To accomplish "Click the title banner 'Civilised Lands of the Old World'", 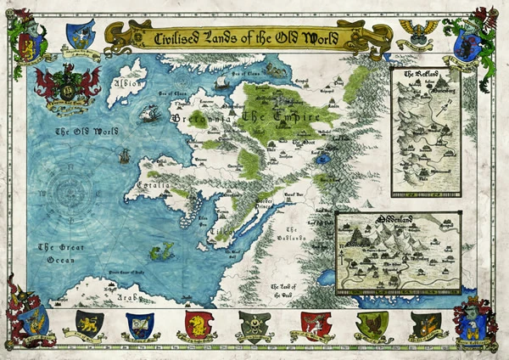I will click(249, 37).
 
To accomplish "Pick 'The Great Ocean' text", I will click(60, 254).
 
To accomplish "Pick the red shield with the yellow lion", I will click(197, 323).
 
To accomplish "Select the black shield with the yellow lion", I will click(89, 323).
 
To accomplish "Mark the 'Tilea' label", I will click(219, 229).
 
